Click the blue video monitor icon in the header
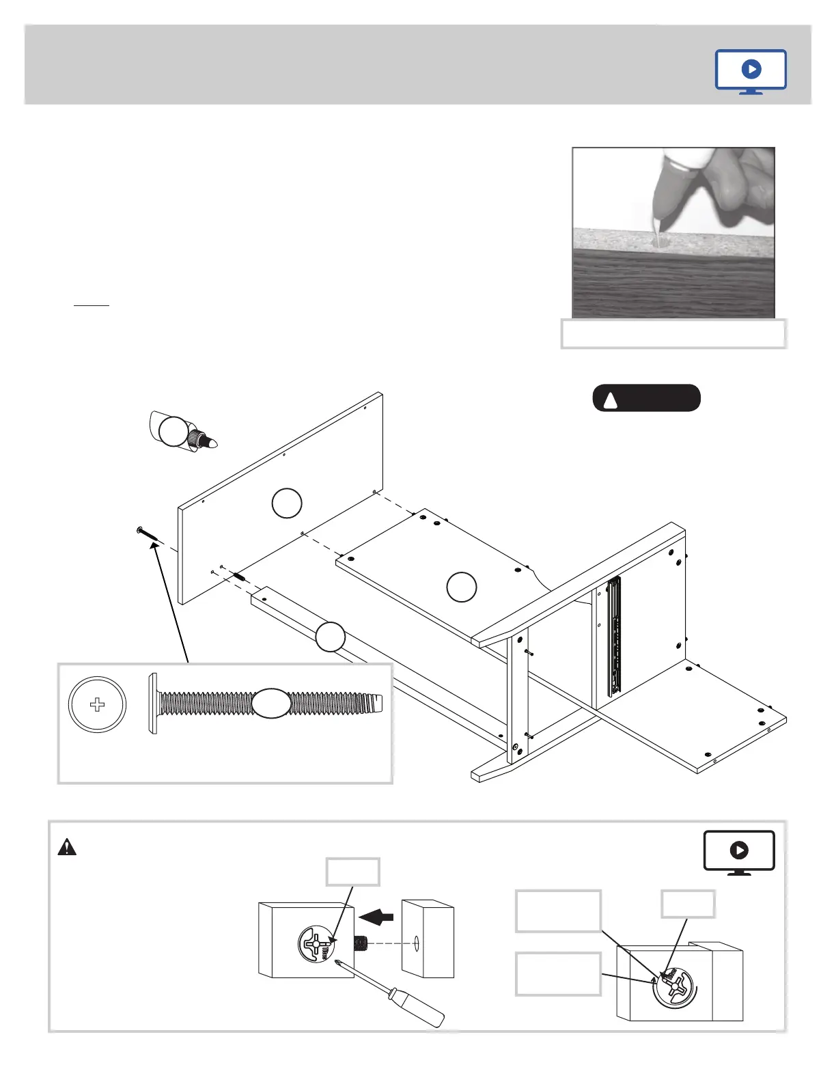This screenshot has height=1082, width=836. click(751, 71)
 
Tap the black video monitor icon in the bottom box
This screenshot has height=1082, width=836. click(739, 852)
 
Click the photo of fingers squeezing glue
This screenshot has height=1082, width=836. click(673, 232)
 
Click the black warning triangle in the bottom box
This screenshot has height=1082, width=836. click(67, 847)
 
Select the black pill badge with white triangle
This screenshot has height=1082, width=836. click(646, 398)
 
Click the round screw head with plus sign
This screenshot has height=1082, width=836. click(97, 704)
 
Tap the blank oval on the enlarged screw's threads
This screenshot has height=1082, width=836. click(272, 704)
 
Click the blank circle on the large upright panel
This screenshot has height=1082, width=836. click(287, 503)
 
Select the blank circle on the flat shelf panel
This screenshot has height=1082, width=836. click(461, 587)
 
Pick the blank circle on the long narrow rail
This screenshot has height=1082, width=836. click(331, 637)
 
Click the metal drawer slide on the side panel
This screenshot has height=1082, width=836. click(614, 635)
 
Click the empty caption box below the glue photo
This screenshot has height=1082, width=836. click(673, 334)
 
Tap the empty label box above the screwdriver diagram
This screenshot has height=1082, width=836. click(353, 872)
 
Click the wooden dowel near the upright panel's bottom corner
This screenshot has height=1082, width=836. click(240, 577)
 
